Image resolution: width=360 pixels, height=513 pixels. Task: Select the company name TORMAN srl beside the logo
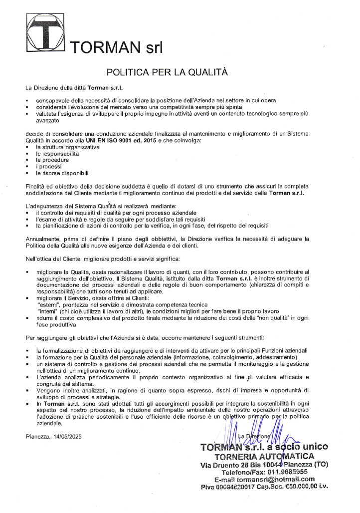(x=118, y=47)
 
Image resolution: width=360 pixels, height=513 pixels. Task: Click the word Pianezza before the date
(x=38, y=436)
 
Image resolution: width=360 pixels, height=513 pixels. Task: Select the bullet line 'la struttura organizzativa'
(x=67, y=148)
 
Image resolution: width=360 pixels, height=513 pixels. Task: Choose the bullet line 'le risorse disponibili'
(x=62, y=173)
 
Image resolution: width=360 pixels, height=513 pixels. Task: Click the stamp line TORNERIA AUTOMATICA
(x=264, y=456)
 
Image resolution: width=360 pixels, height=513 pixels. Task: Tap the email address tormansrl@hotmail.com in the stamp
(x=272, y=479)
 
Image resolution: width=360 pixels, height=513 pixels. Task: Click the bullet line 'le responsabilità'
(x=57, y=154)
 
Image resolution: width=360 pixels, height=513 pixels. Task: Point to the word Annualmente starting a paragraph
(x=44, y=239)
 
